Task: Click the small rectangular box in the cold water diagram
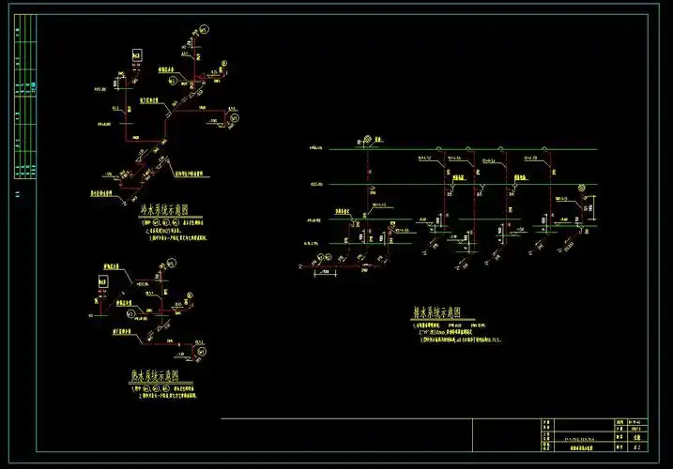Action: click(135, 57)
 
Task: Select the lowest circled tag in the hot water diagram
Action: click(200, 350)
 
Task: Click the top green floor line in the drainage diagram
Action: click(469, 149)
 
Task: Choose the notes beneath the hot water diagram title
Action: click(164, 388)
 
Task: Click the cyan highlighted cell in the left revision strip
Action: click(33, 86)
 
